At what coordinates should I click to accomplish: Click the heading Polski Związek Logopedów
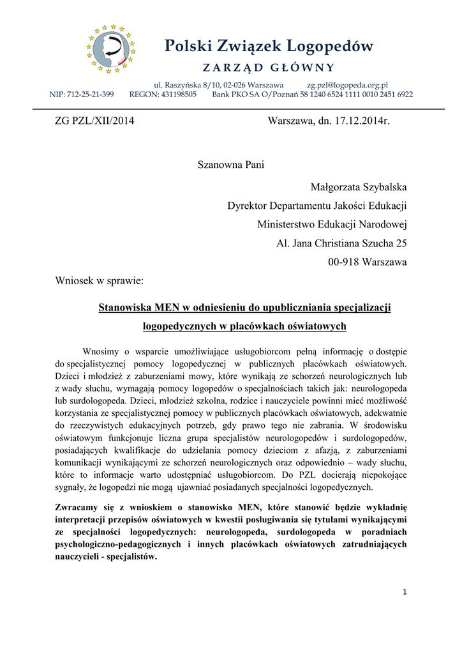pos(268,46)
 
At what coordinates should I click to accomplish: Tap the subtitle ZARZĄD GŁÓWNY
pos(268,68)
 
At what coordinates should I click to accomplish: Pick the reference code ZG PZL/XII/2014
pos(94,121)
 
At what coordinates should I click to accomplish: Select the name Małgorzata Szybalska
pos(359,186)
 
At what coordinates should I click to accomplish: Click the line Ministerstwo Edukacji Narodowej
pos(332,224)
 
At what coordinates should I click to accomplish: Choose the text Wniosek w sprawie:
pos(100,280)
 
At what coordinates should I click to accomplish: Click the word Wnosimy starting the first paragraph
pos(103,351)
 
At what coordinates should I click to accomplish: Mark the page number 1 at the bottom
pos(405,592)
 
